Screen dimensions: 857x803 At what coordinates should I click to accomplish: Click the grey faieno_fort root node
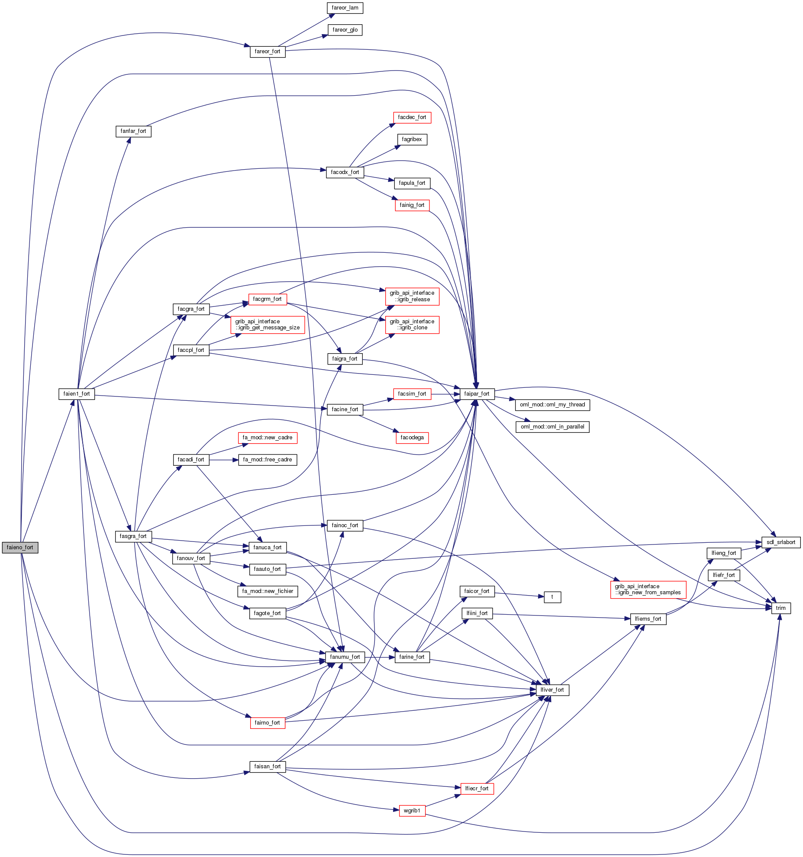point(20,547)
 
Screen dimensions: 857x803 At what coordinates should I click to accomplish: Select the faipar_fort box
point(476,393)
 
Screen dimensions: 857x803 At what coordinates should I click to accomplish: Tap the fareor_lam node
point(345,8)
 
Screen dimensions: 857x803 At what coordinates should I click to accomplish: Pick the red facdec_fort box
point(412,117)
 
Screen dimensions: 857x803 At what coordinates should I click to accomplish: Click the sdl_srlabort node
point(780,542)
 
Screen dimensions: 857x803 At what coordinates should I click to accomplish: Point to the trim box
point(780,608)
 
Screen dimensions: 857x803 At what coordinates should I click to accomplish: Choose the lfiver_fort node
point(552,689)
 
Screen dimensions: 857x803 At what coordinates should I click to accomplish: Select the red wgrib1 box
point(412,810)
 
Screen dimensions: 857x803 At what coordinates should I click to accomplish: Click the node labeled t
point(552,597)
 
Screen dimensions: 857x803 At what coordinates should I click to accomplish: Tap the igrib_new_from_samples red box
point(648,589)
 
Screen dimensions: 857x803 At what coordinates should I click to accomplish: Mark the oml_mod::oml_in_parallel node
point(552,426)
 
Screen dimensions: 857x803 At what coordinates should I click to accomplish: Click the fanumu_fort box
point(345,657)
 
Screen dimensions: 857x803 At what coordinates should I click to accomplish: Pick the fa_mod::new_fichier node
point(268,591)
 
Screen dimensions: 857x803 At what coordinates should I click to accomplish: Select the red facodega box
point(412,438)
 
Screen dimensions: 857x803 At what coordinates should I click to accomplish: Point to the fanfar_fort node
point(133,131)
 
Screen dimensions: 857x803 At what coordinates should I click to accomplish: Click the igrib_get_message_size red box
point(268,325)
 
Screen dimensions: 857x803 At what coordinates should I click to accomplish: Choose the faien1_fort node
point(77,393)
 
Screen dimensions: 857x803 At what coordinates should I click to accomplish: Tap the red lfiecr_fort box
point(477,788)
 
